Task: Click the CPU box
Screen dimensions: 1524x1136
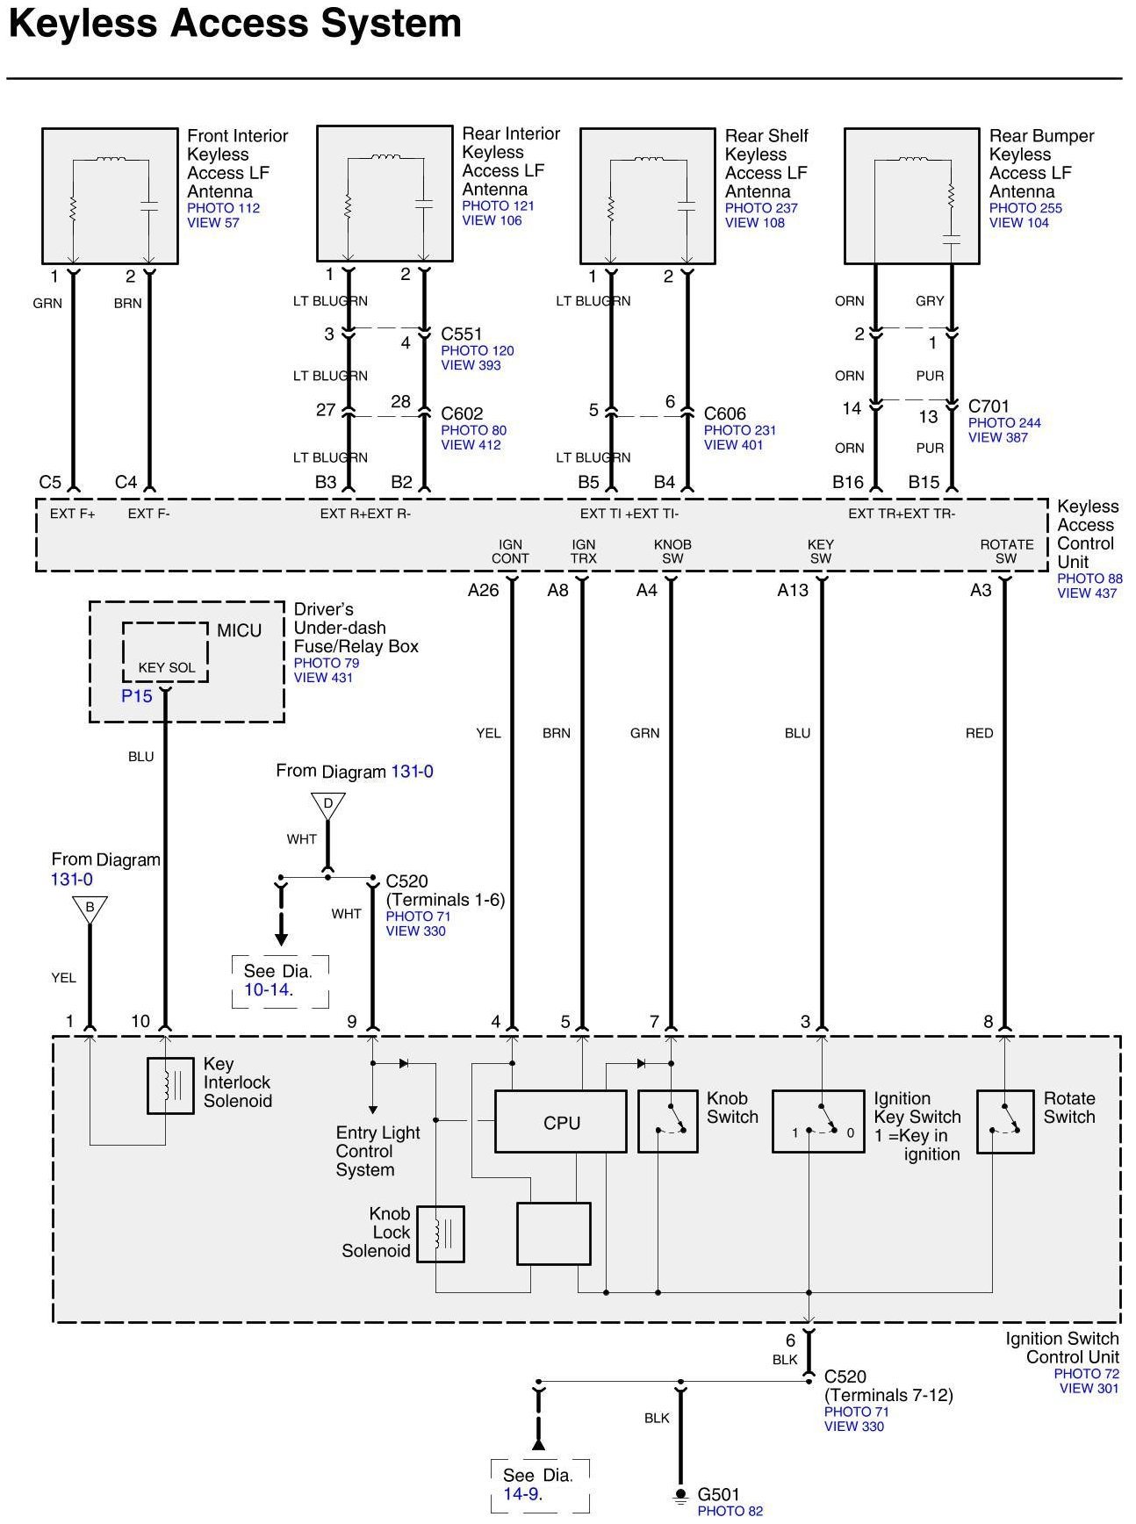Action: click(560, 1122)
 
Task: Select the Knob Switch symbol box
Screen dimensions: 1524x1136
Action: click(667, 1121)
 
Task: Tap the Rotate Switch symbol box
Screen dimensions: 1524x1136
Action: click(1005, 1121)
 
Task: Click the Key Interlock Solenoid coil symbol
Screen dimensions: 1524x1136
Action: click(170, 1086)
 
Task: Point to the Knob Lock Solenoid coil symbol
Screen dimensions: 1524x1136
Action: click(440, 1233)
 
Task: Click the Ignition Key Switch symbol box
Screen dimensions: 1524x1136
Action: click(818, 1121)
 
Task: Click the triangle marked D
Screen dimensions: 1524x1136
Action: click(327, 805)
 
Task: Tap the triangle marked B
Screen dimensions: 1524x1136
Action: click(90, 909)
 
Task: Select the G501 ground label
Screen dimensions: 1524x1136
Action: click(718, 1494)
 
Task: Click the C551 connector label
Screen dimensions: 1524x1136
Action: click(462, 334)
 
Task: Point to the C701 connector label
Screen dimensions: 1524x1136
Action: click(989, 406)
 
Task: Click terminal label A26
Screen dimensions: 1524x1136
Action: click(483, 591)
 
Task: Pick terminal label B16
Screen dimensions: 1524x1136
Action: click(848, 482)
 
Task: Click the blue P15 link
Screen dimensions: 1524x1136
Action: click(136, 696)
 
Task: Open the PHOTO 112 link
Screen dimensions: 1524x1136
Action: click(223, 208)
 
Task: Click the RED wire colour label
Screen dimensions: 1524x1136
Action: click(979, 733)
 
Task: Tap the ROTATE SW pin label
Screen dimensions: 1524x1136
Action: click(1006, 551)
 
